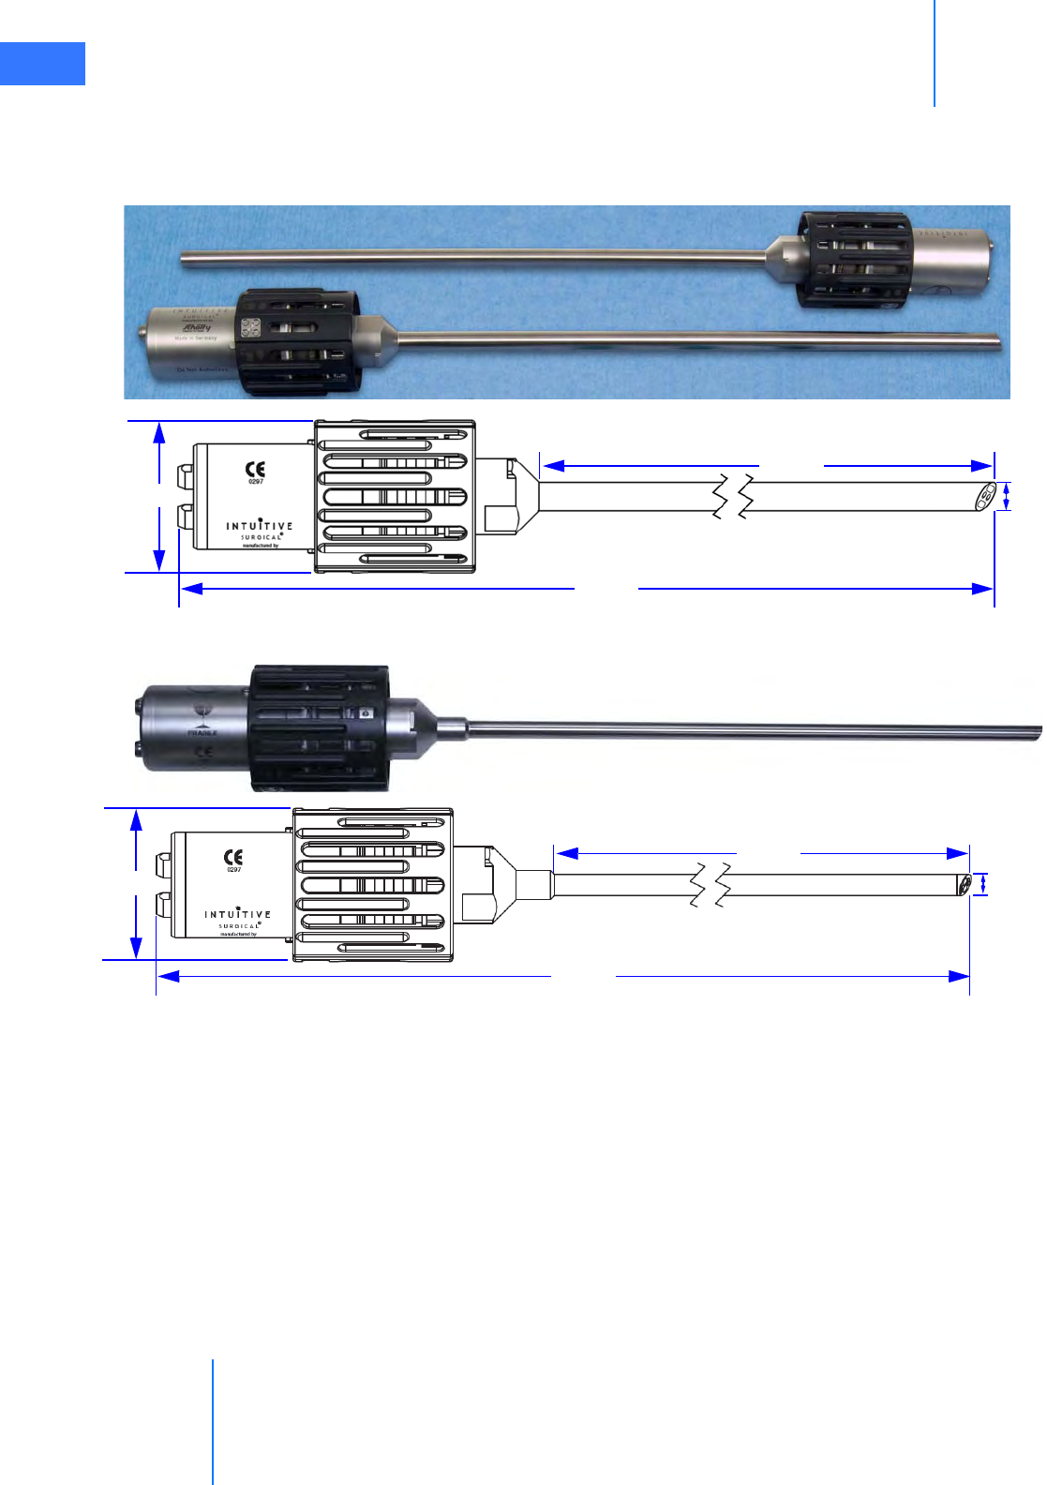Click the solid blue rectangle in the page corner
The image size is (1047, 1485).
coord(42,64)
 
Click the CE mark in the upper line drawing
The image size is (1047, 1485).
coord(255,469)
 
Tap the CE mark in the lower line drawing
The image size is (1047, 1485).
coord(233,857)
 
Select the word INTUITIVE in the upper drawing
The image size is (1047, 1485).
coord(259,526)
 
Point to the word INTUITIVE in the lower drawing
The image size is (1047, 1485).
coord(237,914)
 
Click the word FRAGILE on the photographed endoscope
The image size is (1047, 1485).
coord(202,732)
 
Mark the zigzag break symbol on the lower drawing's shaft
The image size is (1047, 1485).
coord(710,885)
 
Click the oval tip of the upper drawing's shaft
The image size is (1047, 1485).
coord(985,497)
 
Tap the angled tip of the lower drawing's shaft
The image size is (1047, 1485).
coord(964,885)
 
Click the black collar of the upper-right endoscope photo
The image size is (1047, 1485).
coord(853,260)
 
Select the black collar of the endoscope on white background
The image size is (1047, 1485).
coord(320,728)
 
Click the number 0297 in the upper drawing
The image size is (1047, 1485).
coord(256,482)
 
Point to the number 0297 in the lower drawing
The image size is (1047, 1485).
coord(233,870)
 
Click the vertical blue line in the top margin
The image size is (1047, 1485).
coord(935,52)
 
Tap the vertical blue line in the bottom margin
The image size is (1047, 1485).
coord(213,1421)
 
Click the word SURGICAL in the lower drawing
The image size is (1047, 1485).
coord(239,925)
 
